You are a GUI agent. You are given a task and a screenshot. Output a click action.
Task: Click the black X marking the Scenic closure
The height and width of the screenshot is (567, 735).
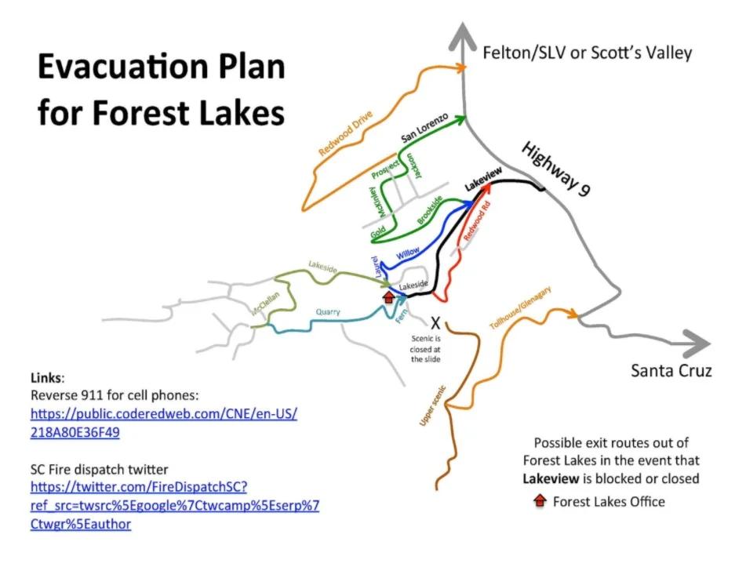[x=435, y=322]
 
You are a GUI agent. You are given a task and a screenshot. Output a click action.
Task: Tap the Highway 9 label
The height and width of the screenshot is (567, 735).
[x=555, y=173]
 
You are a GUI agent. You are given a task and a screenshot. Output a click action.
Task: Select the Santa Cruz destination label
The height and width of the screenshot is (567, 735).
[x=671, y=370]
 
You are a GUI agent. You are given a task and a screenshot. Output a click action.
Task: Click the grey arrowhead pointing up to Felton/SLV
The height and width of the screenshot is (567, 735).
[x=464, y=35]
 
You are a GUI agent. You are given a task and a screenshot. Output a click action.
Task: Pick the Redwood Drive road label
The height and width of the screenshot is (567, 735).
[x=345, y=134]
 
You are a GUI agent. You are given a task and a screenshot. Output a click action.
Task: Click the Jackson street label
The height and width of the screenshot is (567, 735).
[x=413, y=168]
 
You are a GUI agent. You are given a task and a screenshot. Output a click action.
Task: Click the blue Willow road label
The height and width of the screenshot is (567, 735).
[x=408, y=253]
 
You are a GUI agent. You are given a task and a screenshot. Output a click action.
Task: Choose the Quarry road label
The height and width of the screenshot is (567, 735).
[x=328, y=312]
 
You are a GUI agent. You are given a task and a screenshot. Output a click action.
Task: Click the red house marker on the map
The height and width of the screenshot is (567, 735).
[x=388, y=296]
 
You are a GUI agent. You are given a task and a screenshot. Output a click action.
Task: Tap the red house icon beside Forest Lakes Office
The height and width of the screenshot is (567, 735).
[x=540, y=500]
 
